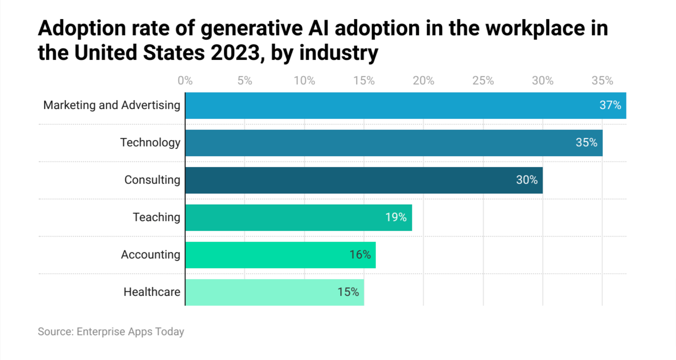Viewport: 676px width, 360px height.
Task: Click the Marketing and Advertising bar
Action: click(405, 105)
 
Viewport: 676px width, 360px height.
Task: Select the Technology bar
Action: click(394, 143)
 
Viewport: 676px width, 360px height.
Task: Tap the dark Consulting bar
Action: click(364, 180)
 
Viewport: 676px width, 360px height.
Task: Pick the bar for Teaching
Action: click(298, 217)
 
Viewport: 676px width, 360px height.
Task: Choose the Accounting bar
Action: click(280, 255)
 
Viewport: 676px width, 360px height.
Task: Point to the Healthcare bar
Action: click(274, 292)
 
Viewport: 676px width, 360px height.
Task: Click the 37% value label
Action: click(610, 105)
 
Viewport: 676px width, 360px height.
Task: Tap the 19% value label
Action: click(396, 217)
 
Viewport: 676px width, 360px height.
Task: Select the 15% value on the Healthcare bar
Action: click(348, 292)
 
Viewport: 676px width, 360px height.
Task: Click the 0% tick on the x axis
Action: click(185, 81)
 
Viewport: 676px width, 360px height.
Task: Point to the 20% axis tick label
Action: click(423, 81)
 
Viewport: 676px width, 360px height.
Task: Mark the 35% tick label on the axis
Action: click(602, 81)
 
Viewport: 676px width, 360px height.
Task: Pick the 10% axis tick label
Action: click(304, 81)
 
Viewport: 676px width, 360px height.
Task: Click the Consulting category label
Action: click(152, 180)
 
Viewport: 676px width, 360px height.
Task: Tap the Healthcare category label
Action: click(152, 292)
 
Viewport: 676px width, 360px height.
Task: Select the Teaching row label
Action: click(156, 217)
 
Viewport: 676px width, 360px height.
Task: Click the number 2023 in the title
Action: click(235, 53)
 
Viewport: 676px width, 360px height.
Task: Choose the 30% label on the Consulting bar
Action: click(527, 180)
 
